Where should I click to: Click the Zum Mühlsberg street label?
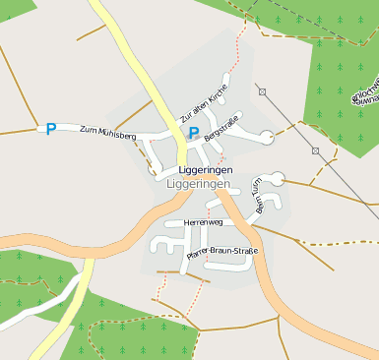tap(107, 134)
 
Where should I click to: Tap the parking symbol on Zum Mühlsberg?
tap(51, 128)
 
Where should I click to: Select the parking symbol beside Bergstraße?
tap(194, 132)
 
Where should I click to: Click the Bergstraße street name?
tap(222, 131)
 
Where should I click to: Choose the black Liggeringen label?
tap(199, 169)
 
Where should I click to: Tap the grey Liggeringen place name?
tap(199, 184)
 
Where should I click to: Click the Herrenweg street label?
tap(204, 223)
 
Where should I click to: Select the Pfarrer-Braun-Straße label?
tap(221, 255)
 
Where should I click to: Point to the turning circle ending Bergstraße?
tap(267, 137)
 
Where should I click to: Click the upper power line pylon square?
tap(263, 91)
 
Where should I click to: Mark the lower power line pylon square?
tap(315, 150)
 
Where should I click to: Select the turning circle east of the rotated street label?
tap(278, 178)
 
